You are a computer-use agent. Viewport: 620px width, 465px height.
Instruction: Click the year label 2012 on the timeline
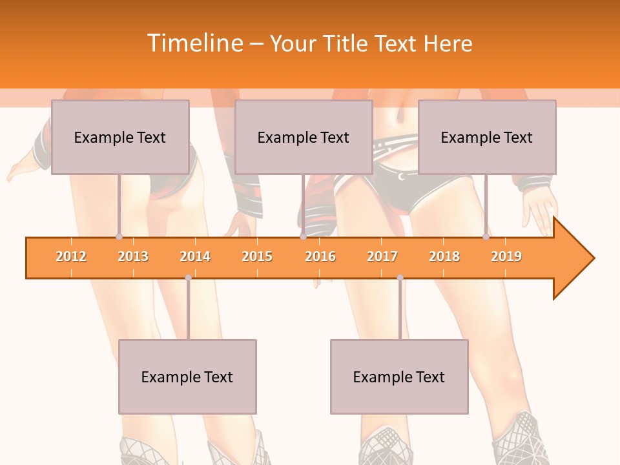(71, 256)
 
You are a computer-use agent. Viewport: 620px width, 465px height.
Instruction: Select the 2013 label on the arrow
(133, 256)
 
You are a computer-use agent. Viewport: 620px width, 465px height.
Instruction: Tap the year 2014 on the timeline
(195, 256)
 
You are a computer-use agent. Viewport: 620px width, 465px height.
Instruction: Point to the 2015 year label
(257, 256)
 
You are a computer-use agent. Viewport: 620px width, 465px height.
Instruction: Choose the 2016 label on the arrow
(320, 256)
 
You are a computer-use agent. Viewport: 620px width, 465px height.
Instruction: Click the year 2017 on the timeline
(382, 256)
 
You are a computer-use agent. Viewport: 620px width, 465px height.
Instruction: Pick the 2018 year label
(444, 256)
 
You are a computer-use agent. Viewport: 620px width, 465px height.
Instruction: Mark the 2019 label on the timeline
(506, 256)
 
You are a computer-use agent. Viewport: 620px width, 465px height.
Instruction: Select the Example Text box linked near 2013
(120, 137)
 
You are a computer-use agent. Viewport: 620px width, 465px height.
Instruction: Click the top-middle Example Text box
(304, 137)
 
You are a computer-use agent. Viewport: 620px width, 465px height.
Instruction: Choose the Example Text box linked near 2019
(487, 137)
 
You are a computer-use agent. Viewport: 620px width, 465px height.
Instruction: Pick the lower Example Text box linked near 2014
(187, 377)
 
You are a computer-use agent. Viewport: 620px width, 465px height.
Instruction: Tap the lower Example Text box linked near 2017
(399, 377)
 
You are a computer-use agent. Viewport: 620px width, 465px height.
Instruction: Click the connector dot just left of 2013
(119, 237)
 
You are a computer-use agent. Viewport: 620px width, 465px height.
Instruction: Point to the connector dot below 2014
(188, 278)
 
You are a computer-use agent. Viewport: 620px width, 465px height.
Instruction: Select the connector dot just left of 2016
(303, 237)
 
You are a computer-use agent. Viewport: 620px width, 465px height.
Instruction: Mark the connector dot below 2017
(400, 278)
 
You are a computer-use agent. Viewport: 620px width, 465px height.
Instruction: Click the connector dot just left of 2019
(486, 237)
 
